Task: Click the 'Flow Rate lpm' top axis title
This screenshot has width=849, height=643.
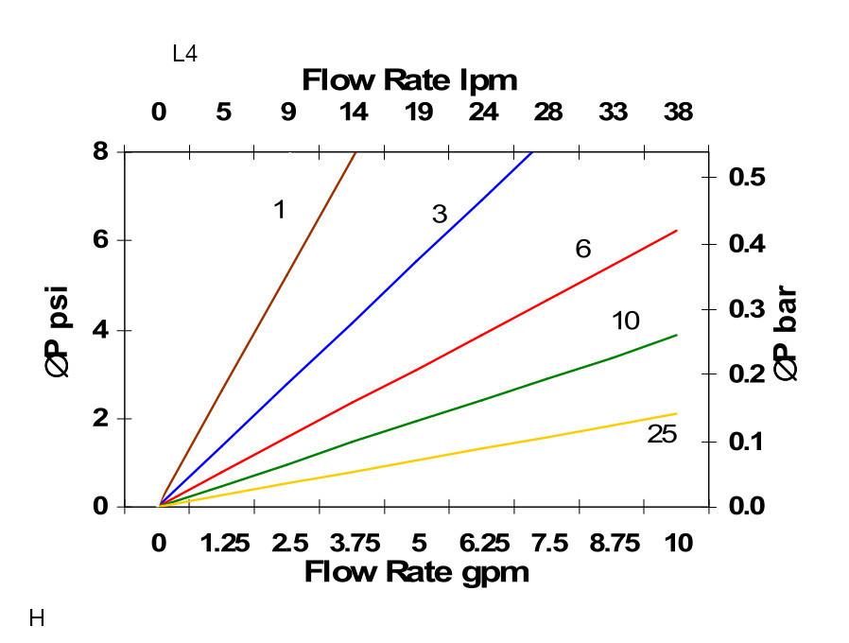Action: click(x=409, y=80)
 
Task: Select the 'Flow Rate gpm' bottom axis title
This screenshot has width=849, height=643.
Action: click(x=416, y=572)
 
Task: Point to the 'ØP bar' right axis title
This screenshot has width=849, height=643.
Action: click(x=786, y=335)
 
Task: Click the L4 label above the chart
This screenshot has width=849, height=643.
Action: click(x=184, y=54)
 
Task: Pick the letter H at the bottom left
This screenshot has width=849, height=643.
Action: click(x=37, y=619)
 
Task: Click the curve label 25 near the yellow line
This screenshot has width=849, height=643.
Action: click(x=662, y=435)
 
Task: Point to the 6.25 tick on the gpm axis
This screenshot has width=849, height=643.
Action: click(x=484, y=544)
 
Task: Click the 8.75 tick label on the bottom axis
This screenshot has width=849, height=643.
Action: click(x=615, y=544)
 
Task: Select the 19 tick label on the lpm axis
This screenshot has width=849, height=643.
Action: click(x=419, y=113)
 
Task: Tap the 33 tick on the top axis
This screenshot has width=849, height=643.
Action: click(x=613, y=113)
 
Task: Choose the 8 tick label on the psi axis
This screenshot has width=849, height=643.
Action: click(x=100, y=151)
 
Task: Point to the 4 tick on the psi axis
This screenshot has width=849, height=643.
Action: click(x=100, y=330)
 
